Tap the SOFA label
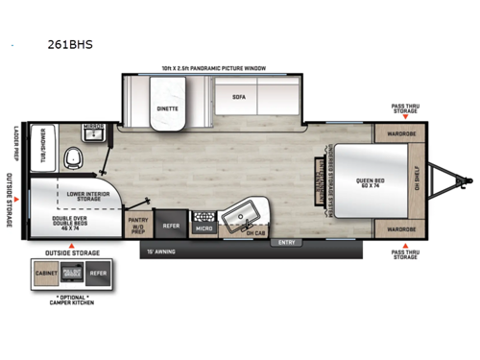coord(239,97)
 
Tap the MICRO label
coord(204,228)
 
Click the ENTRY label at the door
coord(286,242)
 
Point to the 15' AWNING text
coord(162,253)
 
